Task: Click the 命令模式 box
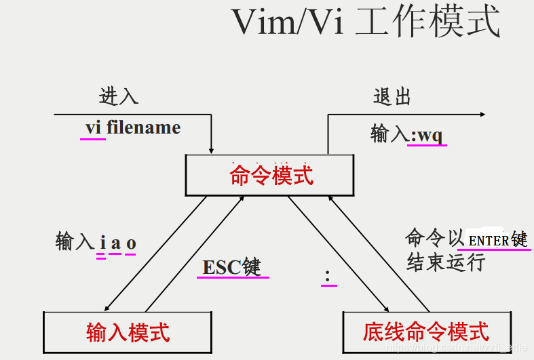(x=271, y=176)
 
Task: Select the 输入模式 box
(x=128, y=332)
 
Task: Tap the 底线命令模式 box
(x=426, y=332)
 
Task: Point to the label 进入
(x=119, y=96)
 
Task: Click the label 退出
(x=392, y=96)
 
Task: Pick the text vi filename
(x=133, y=127)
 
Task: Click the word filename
(x=144, y=127)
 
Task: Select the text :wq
(x=427, y=134)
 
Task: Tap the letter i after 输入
(x=102, y=243)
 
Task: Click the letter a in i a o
(x=115, y=243)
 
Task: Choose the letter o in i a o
(x=131, y=243)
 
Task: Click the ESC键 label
(x=231, y=267)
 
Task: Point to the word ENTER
(x=489, y=240)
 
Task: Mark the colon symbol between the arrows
(x=328, y=275)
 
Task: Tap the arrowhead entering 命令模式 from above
(x=212, y=150)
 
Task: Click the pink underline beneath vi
(x=93, y=138)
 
